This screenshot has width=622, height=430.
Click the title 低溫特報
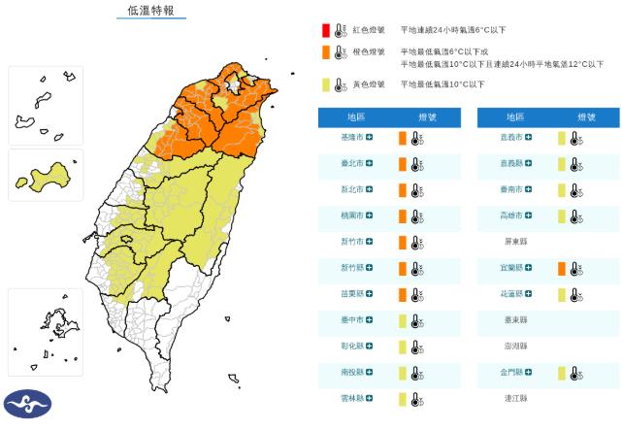(151, 12)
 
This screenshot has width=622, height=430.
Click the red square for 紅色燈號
(326, 30)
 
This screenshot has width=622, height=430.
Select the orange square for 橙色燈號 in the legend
(326, 51)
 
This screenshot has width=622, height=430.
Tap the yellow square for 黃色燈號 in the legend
(326, 84)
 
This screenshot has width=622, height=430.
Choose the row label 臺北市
(352, 163)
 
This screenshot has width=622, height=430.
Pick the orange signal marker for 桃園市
(402, 215)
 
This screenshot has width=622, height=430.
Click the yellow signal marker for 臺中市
(402, 319)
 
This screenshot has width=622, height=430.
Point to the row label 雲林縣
(352, 398)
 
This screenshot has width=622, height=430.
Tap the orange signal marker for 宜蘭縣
(561, 268)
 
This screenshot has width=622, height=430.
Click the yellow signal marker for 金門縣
(561, 372)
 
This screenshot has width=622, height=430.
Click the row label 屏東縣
(516, 242)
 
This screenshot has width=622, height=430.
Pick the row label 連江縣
(516, 398)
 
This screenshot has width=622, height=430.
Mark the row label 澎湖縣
(516, 346)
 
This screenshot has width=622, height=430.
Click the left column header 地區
(356, 116)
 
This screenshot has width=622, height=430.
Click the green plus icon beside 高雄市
(530, 215)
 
